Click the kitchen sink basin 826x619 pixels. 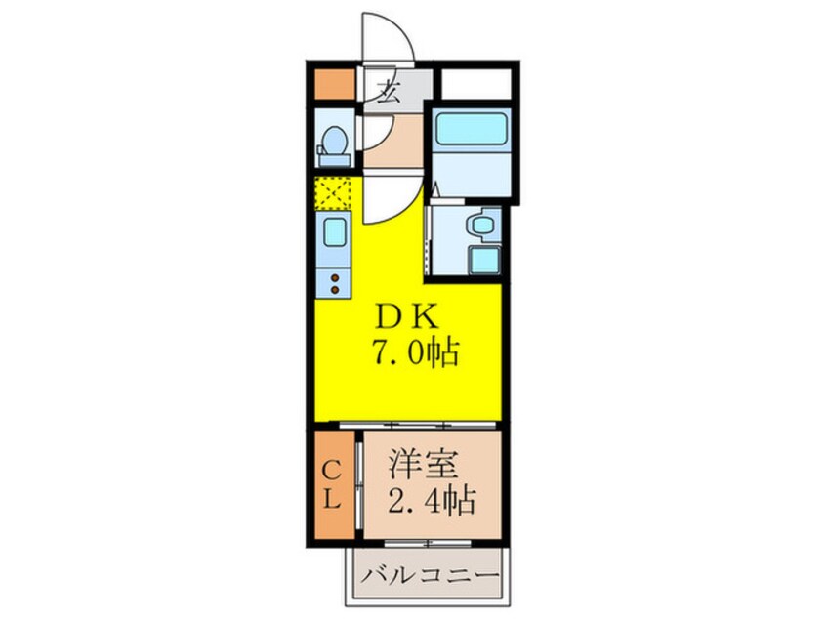point(334,233)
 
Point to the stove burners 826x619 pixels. point(334,284)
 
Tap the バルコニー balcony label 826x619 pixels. point(428,575)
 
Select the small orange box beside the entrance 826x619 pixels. point(333,85)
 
